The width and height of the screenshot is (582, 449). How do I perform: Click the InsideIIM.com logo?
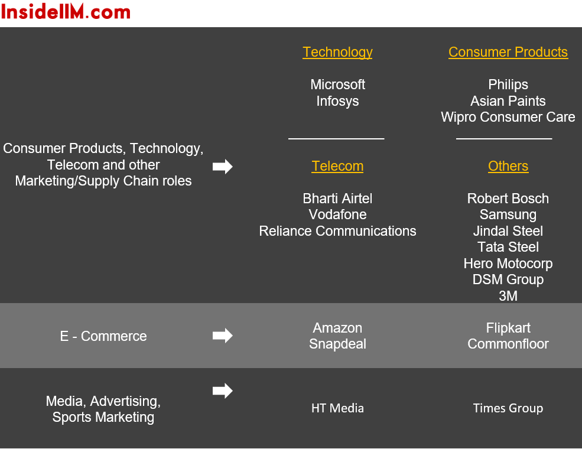pyautogui.click(x=66, y=12)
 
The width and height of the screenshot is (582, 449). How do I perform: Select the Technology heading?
pyautogui.click(x=337, y=53)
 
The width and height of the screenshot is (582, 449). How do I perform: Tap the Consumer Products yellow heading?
pyautogui.click(x=508, y=52)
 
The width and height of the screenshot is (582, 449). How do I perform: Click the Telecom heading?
pyautogui.click(x=337, y=166)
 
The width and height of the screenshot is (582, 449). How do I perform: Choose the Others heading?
pyautogui.click(x=508, y=166)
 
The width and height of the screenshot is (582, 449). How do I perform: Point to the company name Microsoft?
pyautogui.click(x=338, y=84)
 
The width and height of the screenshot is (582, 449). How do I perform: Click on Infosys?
pyautogui.click(x=337, y=101)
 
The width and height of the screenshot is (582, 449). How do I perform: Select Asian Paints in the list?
pyautogui.click(x=508, y=101)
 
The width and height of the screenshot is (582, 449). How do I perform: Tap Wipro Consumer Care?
pyautogui.click(x=508, y=117)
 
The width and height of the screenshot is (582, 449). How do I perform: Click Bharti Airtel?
pyautogui.click(x=337, y=199)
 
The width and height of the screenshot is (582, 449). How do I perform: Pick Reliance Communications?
pyautogui.click(x=337, y=231)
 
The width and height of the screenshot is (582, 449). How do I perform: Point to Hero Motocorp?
pyautogui.click(x=508, y=264)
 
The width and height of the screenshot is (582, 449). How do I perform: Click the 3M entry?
pyautogui.click(x=508, y=296)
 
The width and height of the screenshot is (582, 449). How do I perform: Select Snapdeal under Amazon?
pyautogui.click(x=337, y=344)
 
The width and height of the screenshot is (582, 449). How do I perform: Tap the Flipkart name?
pyautogui.click(x=508, y=328)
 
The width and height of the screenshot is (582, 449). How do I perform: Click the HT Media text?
pyautogui.click(x=337, y=408)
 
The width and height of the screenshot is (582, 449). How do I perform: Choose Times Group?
pyautogui.click(x=508, y=409)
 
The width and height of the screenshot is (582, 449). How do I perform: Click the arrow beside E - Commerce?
pyautogui.click(x=223, y=336)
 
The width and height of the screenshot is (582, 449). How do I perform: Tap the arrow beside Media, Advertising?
pyautogui.click(x=223, y=391)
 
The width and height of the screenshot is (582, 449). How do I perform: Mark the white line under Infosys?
pyautogui.click(x=336, y=139)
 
